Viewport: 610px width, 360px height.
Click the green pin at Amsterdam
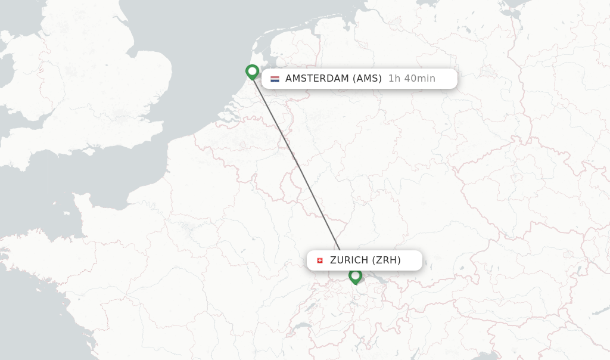click(x=252, y=72)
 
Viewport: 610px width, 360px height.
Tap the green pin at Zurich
click(x=355, y=275)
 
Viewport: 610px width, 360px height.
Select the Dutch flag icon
click(x=275, y=79)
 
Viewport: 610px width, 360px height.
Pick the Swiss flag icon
click(x=320, y=260)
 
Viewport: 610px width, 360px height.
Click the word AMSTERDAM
click(x=317, y=79)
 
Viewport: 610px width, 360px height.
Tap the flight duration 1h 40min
click(x=412, y=79)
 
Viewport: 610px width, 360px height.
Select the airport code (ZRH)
click(x=387, y=260)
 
